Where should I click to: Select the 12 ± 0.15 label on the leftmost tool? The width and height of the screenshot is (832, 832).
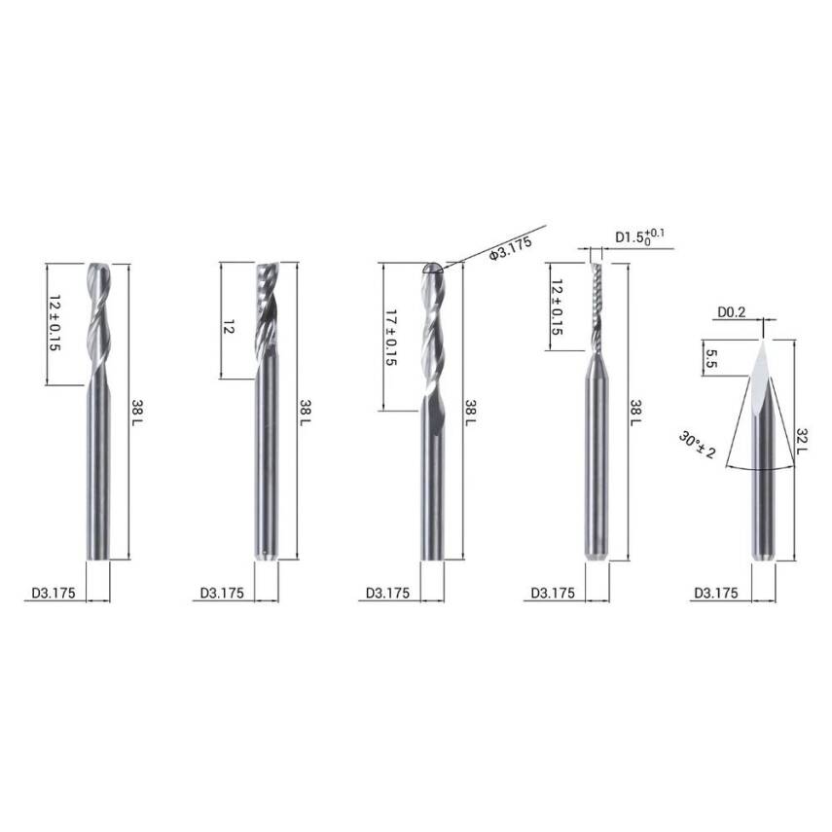point(55,323)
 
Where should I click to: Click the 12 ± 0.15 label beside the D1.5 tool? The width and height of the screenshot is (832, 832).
point(557,307)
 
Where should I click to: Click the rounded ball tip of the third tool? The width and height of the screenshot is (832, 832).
point(435,269)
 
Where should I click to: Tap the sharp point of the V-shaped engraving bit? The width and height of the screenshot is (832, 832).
point(763,340)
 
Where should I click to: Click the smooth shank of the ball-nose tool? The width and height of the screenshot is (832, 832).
point(435,487)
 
